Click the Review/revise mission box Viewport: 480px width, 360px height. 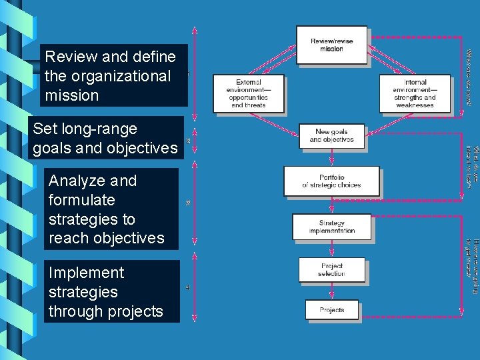331,45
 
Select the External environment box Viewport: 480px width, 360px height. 248,93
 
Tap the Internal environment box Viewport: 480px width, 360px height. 415,93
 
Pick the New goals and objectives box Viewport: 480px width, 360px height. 331,135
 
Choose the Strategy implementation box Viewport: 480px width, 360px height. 331,227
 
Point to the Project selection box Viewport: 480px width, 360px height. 331,269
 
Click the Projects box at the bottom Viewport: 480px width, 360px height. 331,310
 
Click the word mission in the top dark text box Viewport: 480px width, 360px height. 72,95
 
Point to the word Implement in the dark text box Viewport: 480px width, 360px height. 86,273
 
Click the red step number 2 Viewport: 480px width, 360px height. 188,141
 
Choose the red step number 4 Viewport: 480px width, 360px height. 188,288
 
